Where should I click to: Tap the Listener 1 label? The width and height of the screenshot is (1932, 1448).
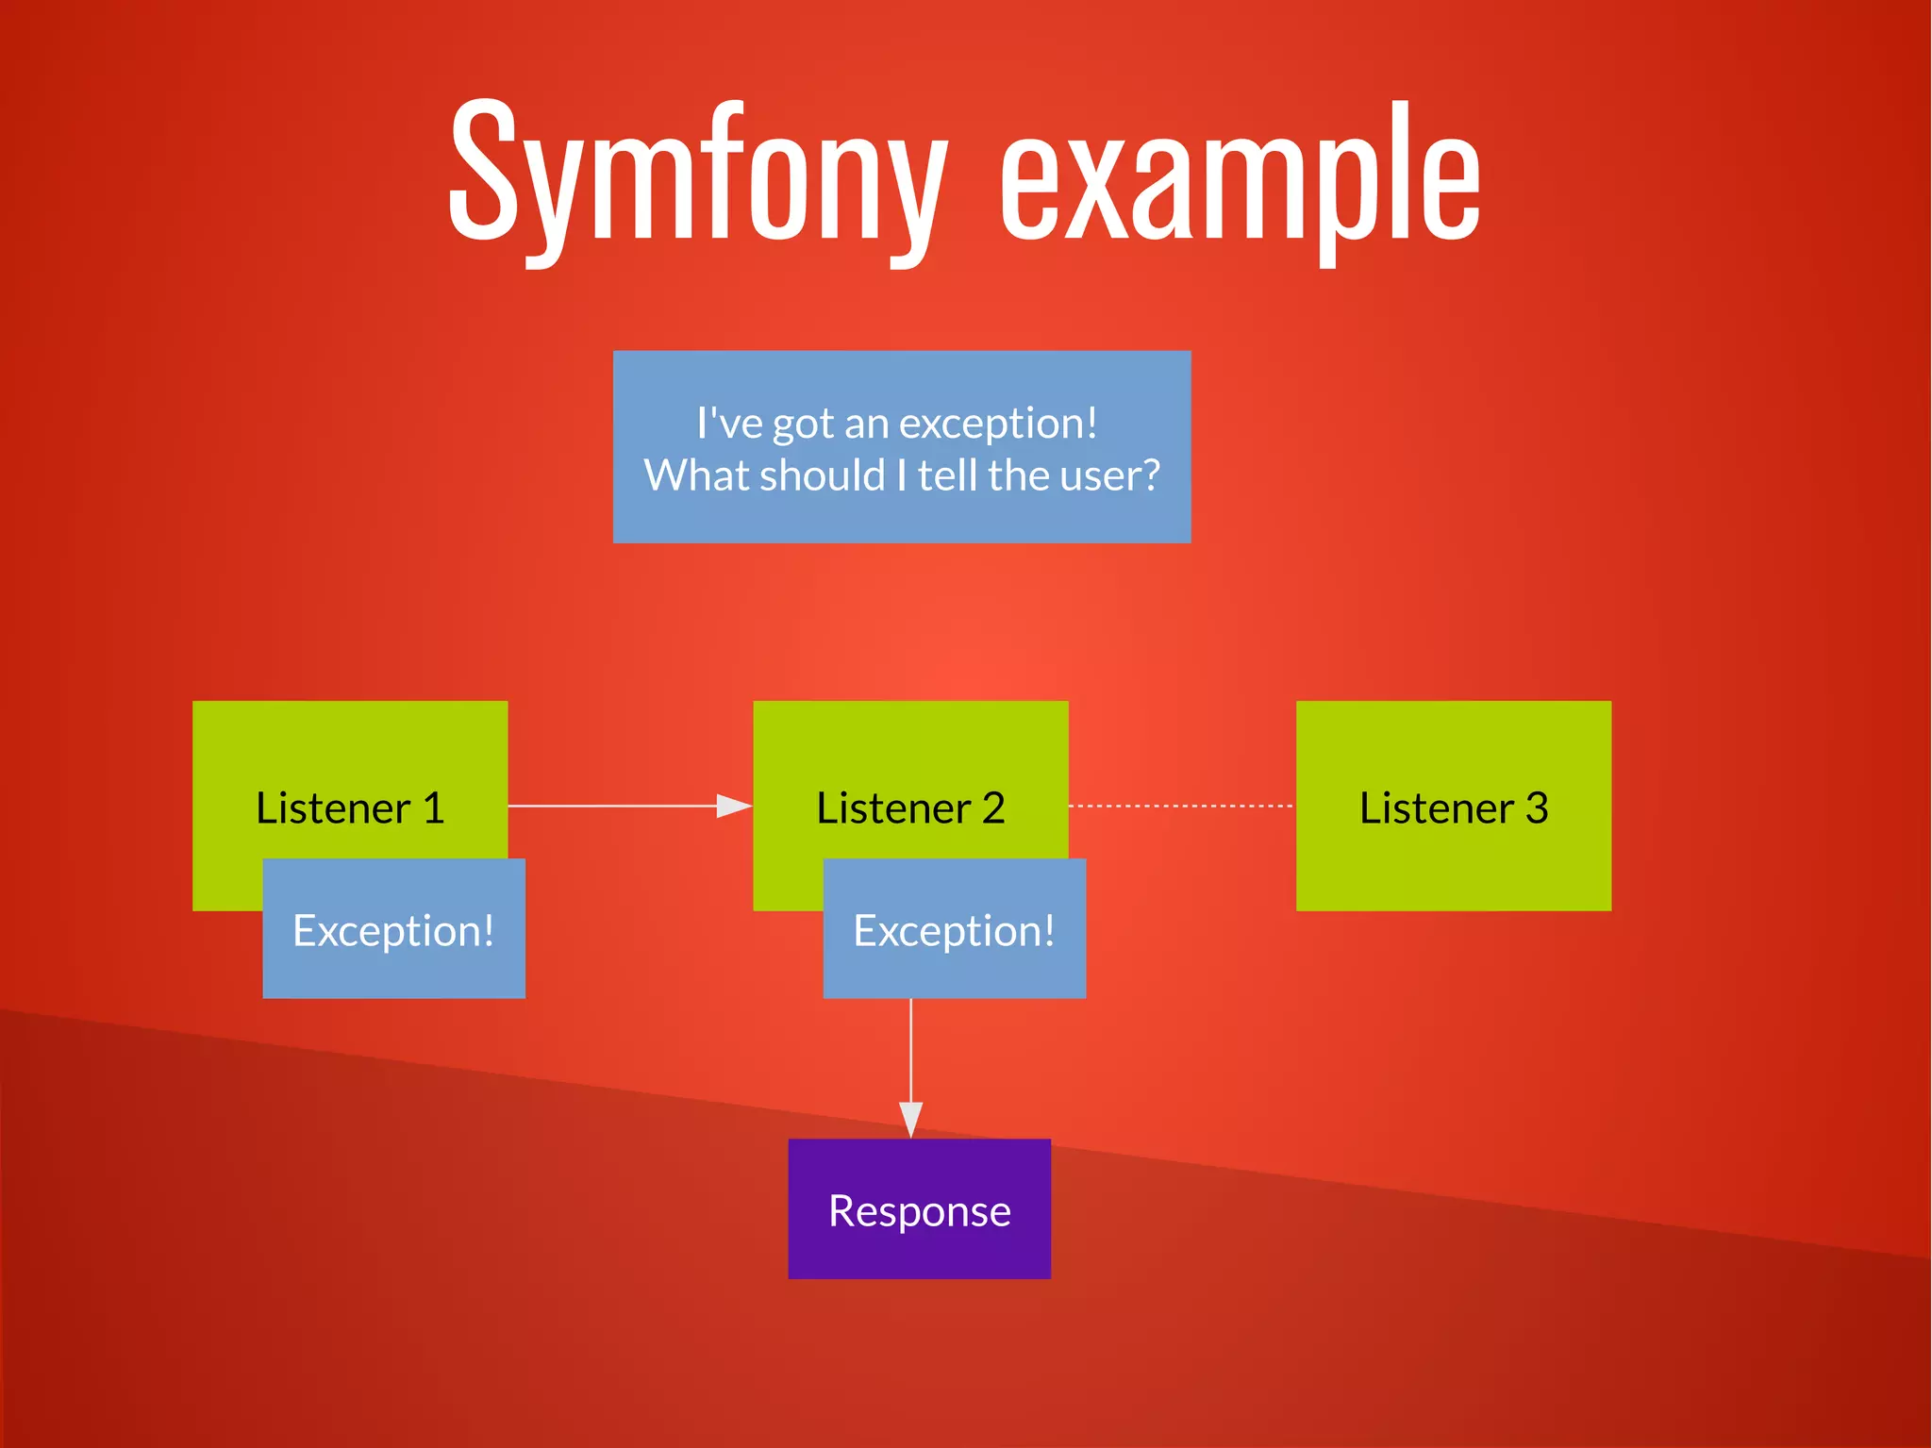(350, 808)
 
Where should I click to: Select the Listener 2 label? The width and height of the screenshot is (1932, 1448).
(910, 808)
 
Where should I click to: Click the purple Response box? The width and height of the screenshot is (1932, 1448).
(919, 1209)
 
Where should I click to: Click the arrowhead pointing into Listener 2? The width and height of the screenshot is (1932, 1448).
(734, 806)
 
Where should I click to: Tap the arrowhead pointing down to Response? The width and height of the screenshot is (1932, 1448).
(910, 1119)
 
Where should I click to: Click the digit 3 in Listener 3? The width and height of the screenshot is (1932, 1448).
(1537, 808)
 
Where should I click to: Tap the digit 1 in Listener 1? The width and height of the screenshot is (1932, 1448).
(433, 808)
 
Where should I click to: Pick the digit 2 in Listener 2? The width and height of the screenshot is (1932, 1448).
(993, 808)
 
